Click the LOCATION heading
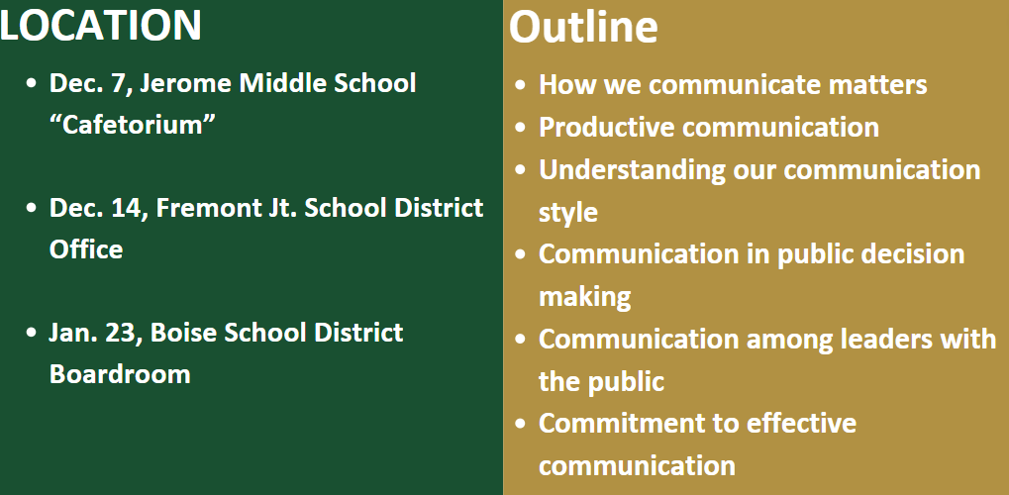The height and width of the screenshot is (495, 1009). click(x=100, y=25)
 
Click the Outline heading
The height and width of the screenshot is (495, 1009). click(x=583, y=27)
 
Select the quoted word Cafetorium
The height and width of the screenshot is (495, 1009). click(x=133, y=124)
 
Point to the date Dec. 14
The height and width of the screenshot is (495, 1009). click(x=95, y=209)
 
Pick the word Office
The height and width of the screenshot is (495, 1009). click(x=86, y=249)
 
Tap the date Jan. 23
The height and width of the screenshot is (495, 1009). click(x=93, y=334)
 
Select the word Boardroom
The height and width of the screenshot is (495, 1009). click(x=121, y=374)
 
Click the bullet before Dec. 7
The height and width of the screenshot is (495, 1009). click(x=32, y=84)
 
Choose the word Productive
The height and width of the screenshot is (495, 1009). click(x=607, y=128)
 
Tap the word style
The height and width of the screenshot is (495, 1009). click(x=568, y=213)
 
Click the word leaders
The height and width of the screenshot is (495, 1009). click(x=886, y=340)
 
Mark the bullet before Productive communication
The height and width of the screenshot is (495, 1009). click(x=521, y=128)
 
